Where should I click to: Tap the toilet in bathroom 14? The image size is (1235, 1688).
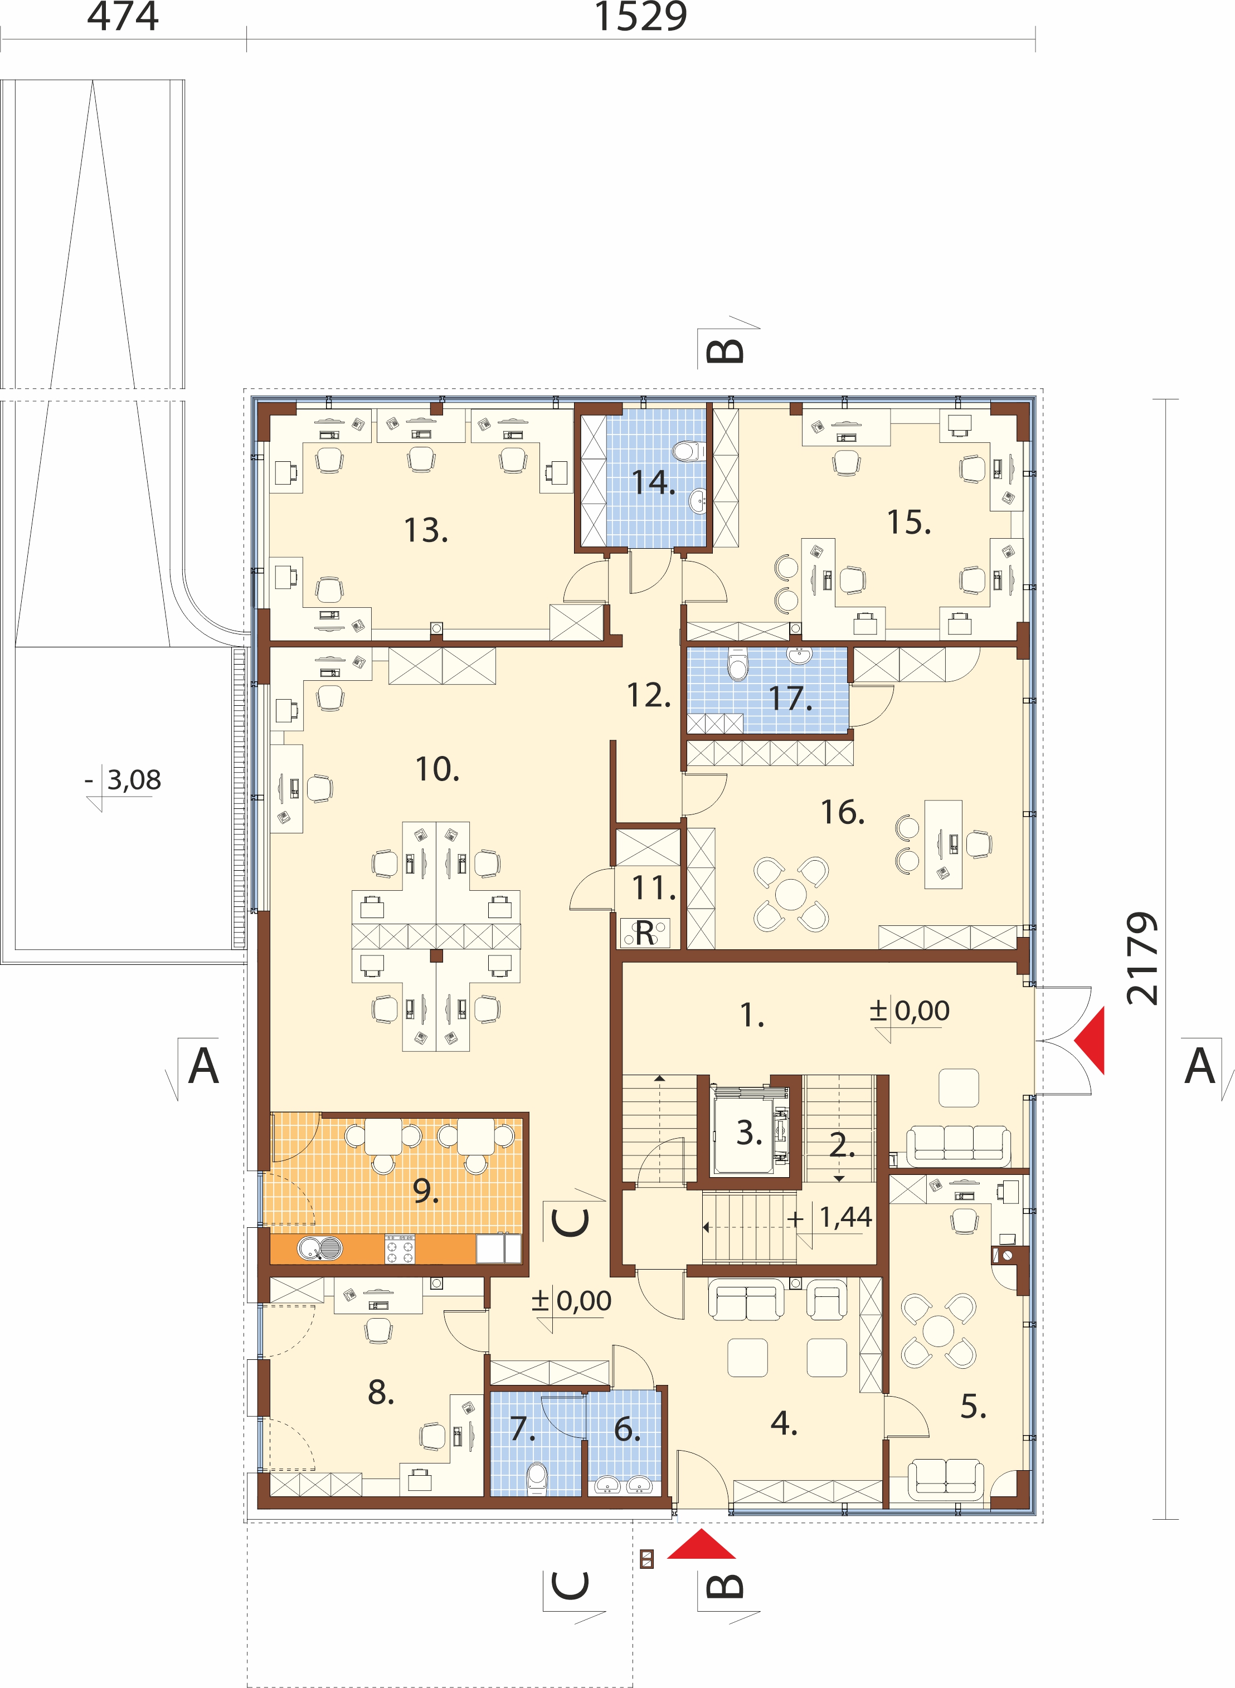point(688,451)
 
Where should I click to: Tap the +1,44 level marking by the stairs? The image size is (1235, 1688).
point(829,1217)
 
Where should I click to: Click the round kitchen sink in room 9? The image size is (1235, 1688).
point(320,1248)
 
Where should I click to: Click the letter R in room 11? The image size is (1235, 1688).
point(644,932)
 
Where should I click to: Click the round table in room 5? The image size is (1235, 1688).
point(938,1330)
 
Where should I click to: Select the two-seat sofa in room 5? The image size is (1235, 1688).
point(946,1480)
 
